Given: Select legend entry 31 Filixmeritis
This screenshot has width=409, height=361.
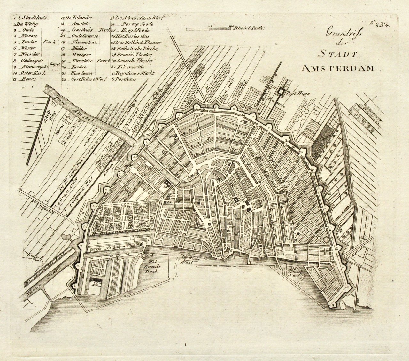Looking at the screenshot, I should pos(131,67).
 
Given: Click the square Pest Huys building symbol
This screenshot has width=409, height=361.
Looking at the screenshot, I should pos(281,92).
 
